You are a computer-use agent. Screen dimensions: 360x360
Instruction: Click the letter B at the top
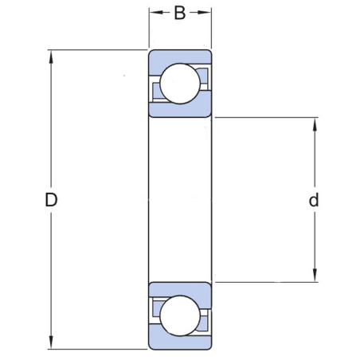tap(180, 14)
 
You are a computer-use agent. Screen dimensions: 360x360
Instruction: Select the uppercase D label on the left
tap(51, 201)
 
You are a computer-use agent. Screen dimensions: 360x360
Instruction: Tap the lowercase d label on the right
tap(314, 201)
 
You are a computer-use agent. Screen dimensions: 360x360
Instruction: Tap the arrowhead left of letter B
tap(154, 13)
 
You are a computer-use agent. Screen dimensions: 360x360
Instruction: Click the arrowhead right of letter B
tap(206, 13)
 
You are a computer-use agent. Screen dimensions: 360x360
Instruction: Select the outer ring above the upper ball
tap(180, 57)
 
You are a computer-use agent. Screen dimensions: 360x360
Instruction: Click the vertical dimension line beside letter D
tap(52, 127)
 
